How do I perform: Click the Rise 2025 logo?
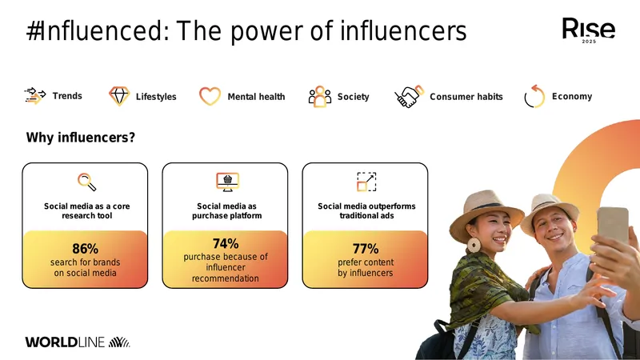tap(589, 30)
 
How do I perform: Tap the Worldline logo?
tap(78, 342)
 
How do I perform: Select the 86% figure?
tap(85, 249)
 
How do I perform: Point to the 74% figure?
tap(226, 244)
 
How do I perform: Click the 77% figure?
tap(366, 249)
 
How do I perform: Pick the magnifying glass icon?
tap(87, 182)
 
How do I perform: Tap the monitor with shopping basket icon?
tap(227, 182)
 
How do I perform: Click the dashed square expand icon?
tap(366, 182)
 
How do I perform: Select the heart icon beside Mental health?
tap(210, 96)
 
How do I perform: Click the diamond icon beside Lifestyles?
tap(119, 96)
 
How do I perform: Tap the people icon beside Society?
tap(319, 96)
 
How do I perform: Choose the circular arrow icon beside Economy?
tap(534, 97)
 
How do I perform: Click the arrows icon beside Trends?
tap(35, 96)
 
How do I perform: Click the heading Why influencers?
tap(81, 138)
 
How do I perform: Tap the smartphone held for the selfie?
tap(612, 226)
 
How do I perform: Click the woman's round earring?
tap(474, 245)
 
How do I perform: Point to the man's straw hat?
tap(549, 211)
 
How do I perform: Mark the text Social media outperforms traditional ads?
tap(366, 211)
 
